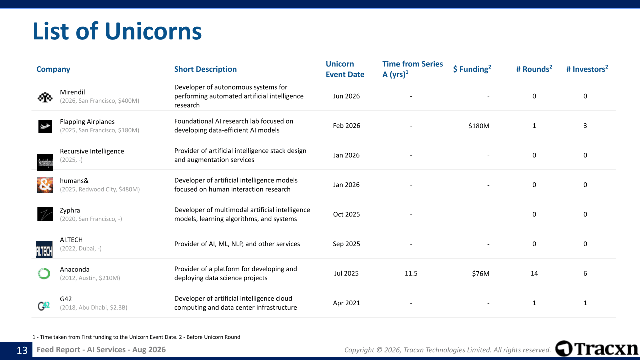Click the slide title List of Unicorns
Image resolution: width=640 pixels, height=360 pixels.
point(117,31)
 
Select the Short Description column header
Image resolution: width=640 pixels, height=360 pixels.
point(205,69)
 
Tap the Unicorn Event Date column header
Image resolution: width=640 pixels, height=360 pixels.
point(345,69)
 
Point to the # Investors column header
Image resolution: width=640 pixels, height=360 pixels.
point(587,69)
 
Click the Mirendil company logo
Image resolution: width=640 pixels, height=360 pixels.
point(45,97)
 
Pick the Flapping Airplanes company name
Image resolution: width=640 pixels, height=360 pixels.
point(87,122)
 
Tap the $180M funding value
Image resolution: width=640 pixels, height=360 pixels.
point(479,126)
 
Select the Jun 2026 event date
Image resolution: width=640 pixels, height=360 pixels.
point(346,96)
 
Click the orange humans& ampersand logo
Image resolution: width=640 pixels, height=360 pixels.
point(45,185)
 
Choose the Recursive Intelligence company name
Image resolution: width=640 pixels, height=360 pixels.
point(92,151)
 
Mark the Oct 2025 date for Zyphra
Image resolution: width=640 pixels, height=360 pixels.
point(346,214)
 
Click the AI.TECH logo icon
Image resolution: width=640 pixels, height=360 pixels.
point(44,250)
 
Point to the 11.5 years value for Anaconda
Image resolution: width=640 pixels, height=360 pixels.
point(411,273)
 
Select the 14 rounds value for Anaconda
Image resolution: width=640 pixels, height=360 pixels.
point(534,273)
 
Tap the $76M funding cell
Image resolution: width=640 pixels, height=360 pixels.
point(481,273)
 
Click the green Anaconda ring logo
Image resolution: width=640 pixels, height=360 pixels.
point(44,273)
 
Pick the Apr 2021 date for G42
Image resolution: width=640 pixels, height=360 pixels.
point(346,303)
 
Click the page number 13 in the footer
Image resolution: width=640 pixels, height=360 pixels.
point(22,350)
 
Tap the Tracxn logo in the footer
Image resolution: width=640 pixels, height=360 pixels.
point(597,349)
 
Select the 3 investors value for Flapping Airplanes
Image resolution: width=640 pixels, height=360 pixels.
point(585,126)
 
